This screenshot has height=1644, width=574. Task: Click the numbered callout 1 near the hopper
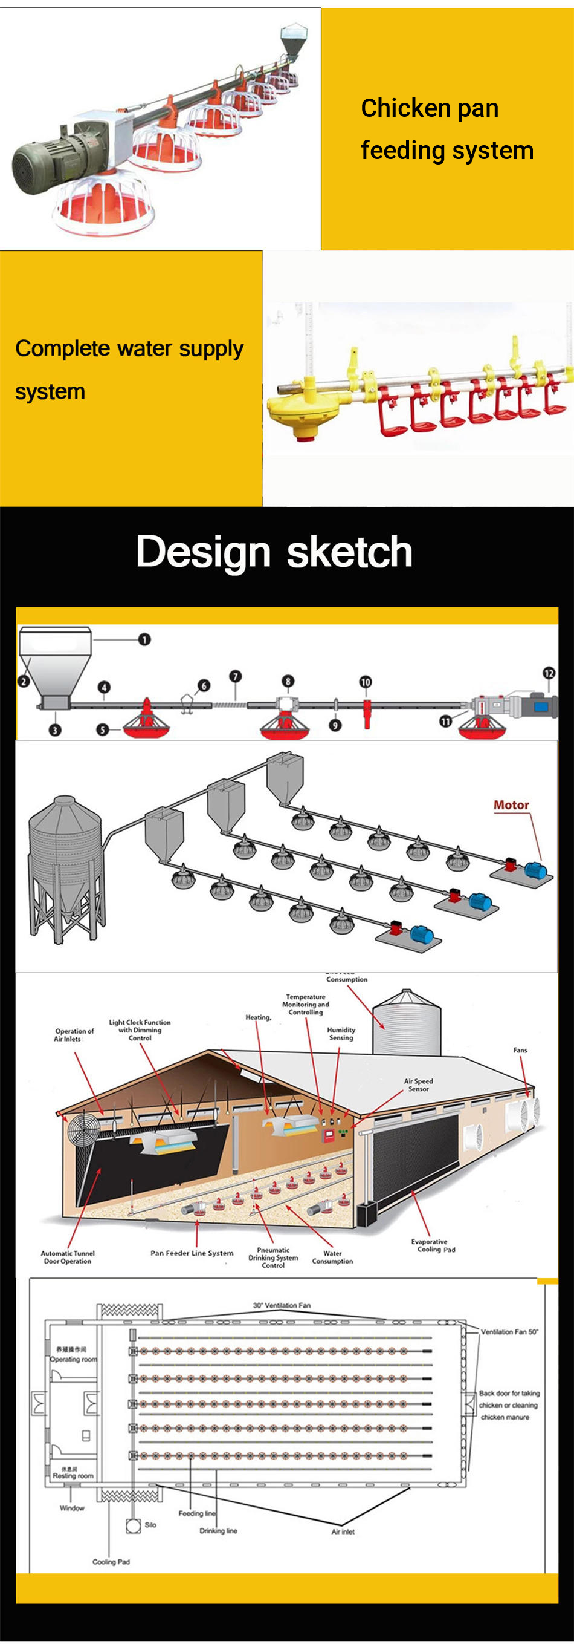click(145, 639)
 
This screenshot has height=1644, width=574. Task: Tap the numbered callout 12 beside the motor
click(549, 673)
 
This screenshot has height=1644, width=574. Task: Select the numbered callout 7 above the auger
click(236, 676)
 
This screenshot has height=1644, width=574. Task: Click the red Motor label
click(511, 806)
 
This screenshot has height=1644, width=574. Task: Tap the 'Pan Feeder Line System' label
click(192, 1253)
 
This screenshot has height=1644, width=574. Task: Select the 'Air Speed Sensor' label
click(418, 1085)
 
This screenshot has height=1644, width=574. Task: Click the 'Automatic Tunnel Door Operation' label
click(68, 1257)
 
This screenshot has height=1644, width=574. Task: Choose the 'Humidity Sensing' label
click(341, 1033)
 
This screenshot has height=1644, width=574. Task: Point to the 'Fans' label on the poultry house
click(520, 1050)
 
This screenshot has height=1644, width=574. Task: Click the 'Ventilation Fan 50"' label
click(509, 1332)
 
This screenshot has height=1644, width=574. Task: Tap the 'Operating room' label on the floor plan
click(73, 1359)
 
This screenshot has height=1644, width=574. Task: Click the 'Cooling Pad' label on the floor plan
click(111, 1562)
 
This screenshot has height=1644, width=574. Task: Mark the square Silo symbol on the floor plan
click(134, 1525)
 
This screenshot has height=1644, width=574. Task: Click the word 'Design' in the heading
click(204, 552)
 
